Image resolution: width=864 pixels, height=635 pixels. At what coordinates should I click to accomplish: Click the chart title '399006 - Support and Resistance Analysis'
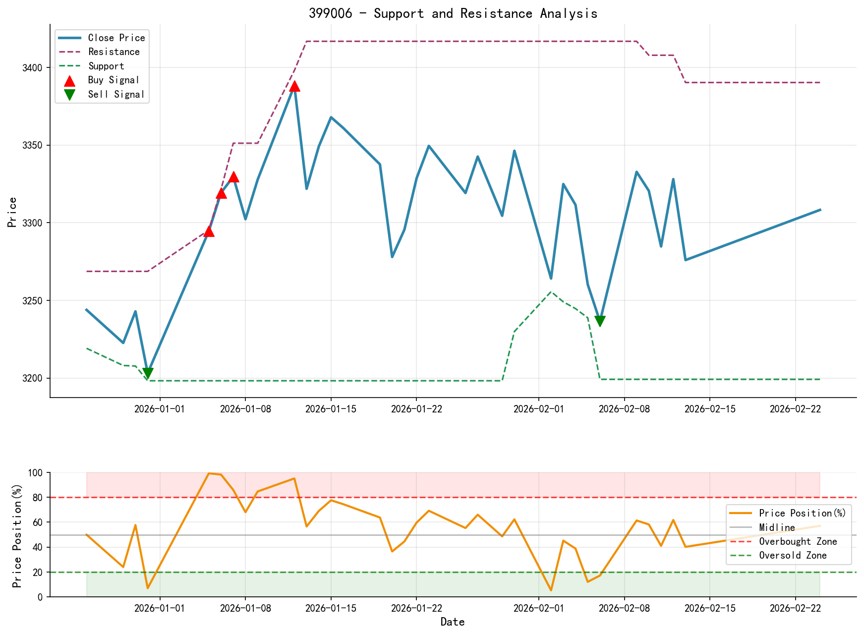453,13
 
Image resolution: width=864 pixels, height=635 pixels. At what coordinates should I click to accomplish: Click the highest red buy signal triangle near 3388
294,86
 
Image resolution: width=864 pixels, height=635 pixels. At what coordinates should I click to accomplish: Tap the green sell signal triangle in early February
600,321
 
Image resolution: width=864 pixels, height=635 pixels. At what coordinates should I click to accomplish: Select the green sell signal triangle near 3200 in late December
148,373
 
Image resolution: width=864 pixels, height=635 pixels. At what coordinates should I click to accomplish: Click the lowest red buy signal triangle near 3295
209,231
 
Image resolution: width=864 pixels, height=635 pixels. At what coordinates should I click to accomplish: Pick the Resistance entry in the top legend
114,52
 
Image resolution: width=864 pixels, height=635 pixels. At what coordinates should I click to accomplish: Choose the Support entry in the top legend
106,66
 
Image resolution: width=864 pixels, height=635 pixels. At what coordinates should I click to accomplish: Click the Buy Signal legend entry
114,80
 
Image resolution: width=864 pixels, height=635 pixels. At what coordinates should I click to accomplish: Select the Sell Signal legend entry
116,94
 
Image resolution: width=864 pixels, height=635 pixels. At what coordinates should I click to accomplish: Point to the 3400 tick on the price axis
34,68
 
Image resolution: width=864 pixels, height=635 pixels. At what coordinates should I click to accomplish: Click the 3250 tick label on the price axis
34,301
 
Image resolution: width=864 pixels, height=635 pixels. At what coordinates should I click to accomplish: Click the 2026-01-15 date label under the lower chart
331,608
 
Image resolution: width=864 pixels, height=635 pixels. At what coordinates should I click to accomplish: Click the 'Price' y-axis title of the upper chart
13,212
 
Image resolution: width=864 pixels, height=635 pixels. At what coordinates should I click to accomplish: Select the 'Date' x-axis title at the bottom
453,622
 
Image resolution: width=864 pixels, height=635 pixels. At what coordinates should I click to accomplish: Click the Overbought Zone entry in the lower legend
798,541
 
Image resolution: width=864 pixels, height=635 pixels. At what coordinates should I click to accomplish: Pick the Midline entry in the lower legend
777,527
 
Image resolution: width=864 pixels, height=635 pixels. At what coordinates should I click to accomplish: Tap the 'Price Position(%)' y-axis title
17,535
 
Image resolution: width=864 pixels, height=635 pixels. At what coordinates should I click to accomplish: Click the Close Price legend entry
116,38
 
